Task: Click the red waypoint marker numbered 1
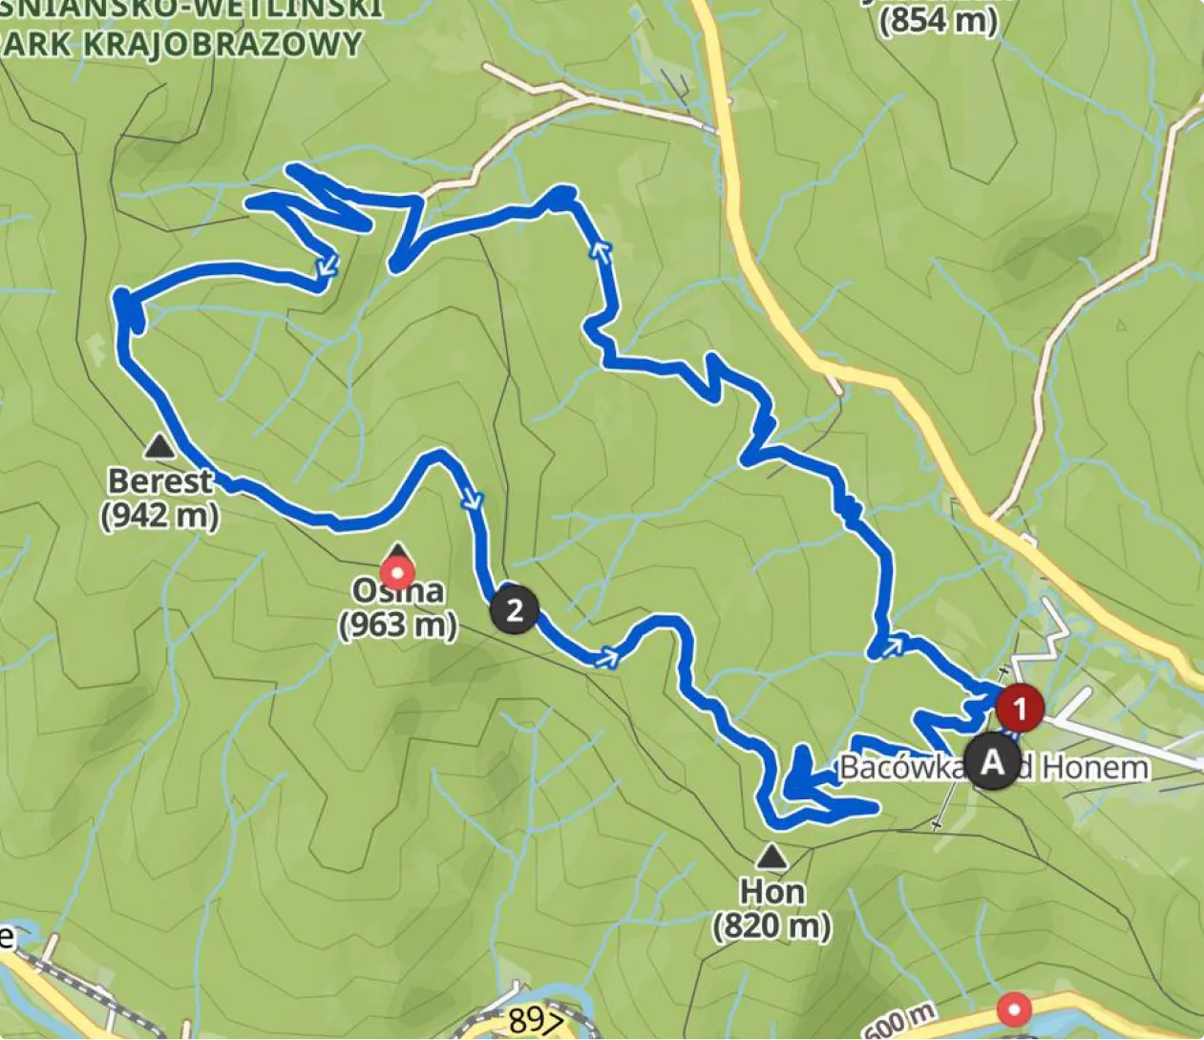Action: [x=1020, y=709]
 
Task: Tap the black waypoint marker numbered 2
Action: [x=514, y=609]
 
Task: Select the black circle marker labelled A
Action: [x=992, y=762]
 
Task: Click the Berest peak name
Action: [x=159, y=480]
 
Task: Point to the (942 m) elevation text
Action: [x=159, y=516]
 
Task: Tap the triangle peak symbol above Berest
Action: [x=158, y=445]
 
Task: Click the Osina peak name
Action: [x=397, y=591]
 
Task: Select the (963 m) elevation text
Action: [x=397, y=626]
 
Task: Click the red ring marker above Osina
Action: [x=396, y=573]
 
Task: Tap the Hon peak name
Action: [x=771, y=892]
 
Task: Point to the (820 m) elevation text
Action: [x=771, y=925]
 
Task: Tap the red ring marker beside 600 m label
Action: [x=1013, y=1009]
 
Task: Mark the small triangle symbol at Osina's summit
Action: [x=399, y=550]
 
